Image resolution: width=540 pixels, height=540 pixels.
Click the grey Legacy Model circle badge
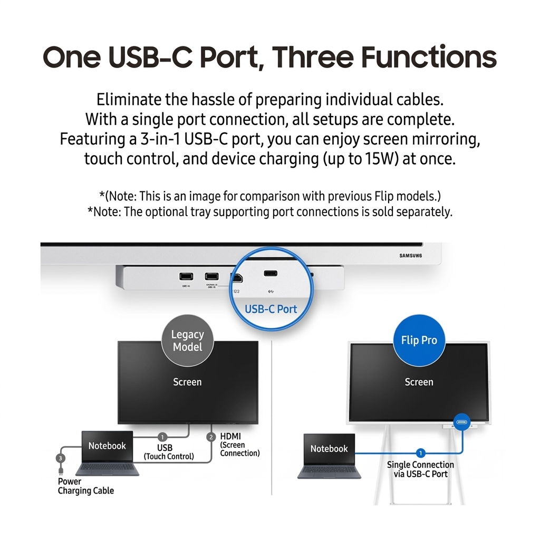[x=187, y=341]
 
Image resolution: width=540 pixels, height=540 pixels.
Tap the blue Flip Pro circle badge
[x=419, y=340]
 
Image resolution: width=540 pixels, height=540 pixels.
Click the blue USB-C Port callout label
[x=271, y=309]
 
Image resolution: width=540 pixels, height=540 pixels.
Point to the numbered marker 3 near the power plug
[x=61, y=458]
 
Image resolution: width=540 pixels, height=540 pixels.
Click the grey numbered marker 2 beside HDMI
[x=211, y=437]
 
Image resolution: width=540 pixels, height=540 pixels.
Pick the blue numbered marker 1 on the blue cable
[x=420, y=452]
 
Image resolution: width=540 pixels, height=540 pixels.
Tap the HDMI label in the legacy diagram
[x=231, y=436]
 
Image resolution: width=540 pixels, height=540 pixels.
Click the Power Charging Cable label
[x=85, y=486]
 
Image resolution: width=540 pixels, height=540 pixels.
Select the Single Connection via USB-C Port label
[x=420, y=469]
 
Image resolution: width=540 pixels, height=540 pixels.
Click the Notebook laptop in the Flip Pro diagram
[x=329, y=456]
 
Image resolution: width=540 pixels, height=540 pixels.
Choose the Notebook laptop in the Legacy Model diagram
[x=107, y=453]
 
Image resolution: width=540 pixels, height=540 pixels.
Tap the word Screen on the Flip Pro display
[x=419, y=382]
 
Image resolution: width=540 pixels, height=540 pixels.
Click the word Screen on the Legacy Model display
[x=187, y=382]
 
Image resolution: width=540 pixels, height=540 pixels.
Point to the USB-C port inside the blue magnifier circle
[x=271, y=274]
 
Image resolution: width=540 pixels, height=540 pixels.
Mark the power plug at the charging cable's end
[x=61, y=469]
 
